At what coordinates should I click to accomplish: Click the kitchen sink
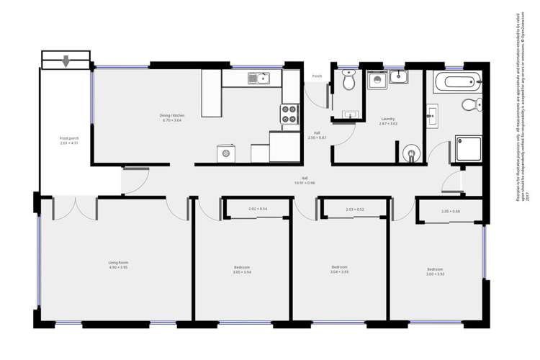click(x=258, y=78)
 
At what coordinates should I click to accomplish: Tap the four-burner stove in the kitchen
click(x=289, y=114)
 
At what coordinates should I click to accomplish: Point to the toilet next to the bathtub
click(x=468, y=106)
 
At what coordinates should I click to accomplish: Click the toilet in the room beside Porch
click(x=348, y=84)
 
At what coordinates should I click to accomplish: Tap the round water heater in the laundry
click(x=410, y=153)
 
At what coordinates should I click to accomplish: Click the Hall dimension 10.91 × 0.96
click(x=305, y=183)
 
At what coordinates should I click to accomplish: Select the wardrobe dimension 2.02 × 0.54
click(x=258, y=209)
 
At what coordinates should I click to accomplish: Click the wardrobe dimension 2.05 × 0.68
click(x=451, y=211)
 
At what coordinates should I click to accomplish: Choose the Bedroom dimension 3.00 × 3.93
click(x=436, y=274)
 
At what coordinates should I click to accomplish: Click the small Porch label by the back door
click(x=316, y=76)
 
